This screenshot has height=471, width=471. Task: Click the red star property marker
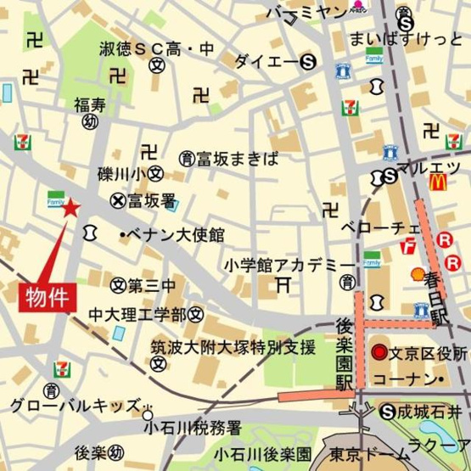tap(71, 206)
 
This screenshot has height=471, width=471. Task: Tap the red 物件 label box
tap(47, 296)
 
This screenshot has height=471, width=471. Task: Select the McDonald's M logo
tap(438, 181)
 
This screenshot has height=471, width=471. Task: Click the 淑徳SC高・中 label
tap(156, 48)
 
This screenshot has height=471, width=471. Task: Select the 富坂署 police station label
tap(151, 201)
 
